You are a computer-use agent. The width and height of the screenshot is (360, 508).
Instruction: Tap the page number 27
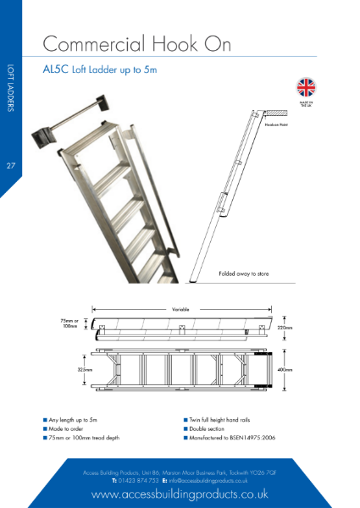pos(11,164)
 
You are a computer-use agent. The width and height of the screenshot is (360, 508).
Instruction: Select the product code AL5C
pos(55,70)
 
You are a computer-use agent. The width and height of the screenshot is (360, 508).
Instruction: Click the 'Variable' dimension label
pos(180,309)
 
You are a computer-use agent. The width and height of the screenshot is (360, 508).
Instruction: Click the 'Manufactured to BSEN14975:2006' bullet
pos(228,438)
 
